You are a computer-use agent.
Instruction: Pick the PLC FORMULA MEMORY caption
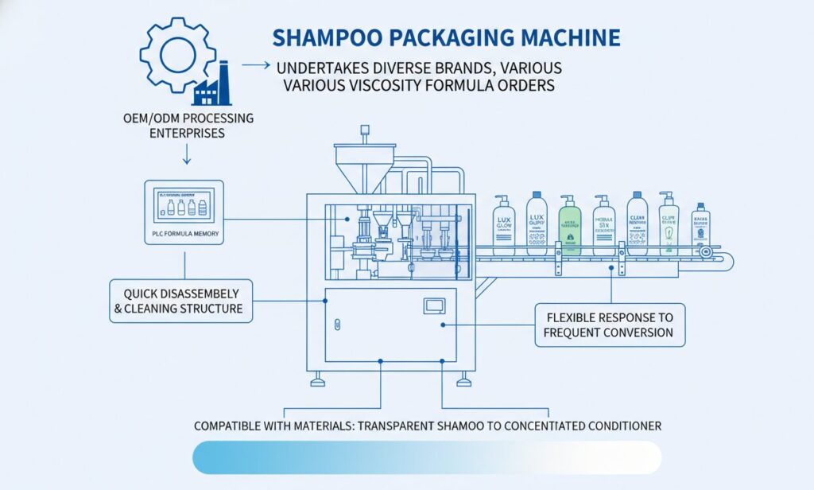coord(184,234)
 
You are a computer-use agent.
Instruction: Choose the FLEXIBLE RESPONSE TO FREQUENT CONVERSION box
coord(608,324)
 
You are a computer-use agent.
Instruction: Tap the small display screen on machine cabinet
coord(434,305)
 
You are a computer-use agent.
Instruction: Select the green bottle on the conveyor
coord(569,224)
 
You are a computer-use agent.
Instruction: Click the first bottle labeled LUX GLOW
coord(503,224)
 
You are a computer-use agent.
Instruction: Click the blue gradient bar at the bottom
coord(426,458)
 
